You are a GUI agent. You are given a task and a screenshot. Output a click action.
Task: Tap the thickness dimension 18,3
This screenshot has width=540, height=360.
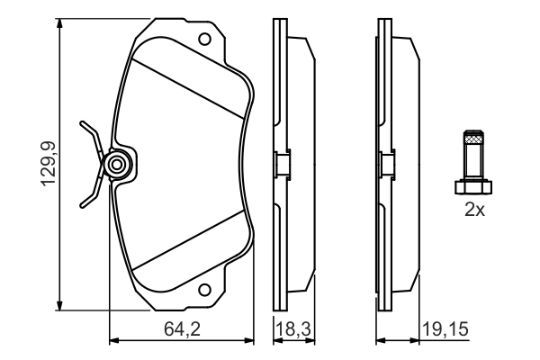pos(295,329)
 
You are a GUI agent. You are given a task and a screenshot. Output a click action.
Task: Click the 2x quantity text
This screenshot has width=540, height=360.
pos(474,211)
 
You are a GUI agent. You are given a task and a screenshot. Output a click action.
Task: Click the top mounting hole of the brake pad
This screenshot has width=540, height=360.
pos(205,40)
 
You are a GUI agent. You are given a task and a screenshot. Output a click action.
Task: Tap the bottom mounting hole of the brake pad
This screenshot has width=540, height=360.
pos(205,290)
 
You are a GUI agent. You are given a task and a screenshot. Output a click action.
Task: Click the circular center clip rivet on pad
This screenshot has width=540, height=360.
pos(116,165)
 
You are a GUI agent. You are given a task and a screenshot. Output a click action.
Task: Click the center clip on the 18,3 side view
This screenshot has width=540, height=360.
pos(280,165)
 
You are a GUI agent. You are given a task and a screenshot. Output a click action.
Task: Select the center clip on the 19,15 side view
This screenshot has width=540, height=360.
pos(384,165)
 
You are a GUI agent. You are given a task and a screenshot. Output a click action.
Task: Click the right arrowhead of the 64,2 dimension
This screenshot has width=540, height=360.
pos(253,341)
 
